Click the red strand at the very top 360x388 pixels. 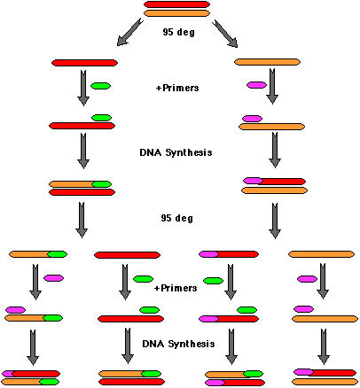[x=176, y=4]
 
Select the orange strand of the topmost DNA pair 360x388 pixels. [x=176, y=13]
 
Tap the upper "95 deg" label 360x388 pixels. [x=178, y=32]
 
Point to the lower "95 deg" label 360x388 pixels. [x=177, y=218]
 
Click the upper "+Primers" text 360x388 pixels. [x=177, y=88]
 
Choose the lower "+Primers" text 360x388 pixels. [x=176, y=288]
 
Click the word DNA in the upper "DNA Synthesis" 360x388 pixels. [x=151, y=152]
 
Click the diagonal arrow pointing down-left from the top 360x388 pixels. [x=130, y=32]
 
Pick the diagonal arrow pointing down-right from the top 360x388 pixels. [x=225, y=34]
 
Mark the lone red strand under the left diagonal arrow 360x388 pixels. [x=84, y=63]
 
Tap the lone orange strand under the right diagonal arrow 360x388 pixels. [x=267, y=62]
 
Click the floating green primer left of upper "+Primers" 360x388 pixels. [x=100, y=86]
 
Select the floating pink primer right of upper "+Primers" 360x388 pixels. [x=257, y=85]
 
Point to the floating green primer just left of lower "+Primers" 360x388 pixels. [x=144, y=279]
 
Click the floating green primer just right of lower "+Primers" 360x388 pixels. [x=213, y=281]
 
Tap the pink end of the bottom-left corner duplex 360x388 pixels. [x=7, y=374]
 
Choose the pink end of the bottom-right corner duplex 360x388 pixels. [x=303, y=372]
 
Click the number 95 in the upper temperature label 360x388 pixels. [x=168, y=32]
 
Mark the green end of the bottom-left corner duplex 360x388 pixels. [x=50, y=382]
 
